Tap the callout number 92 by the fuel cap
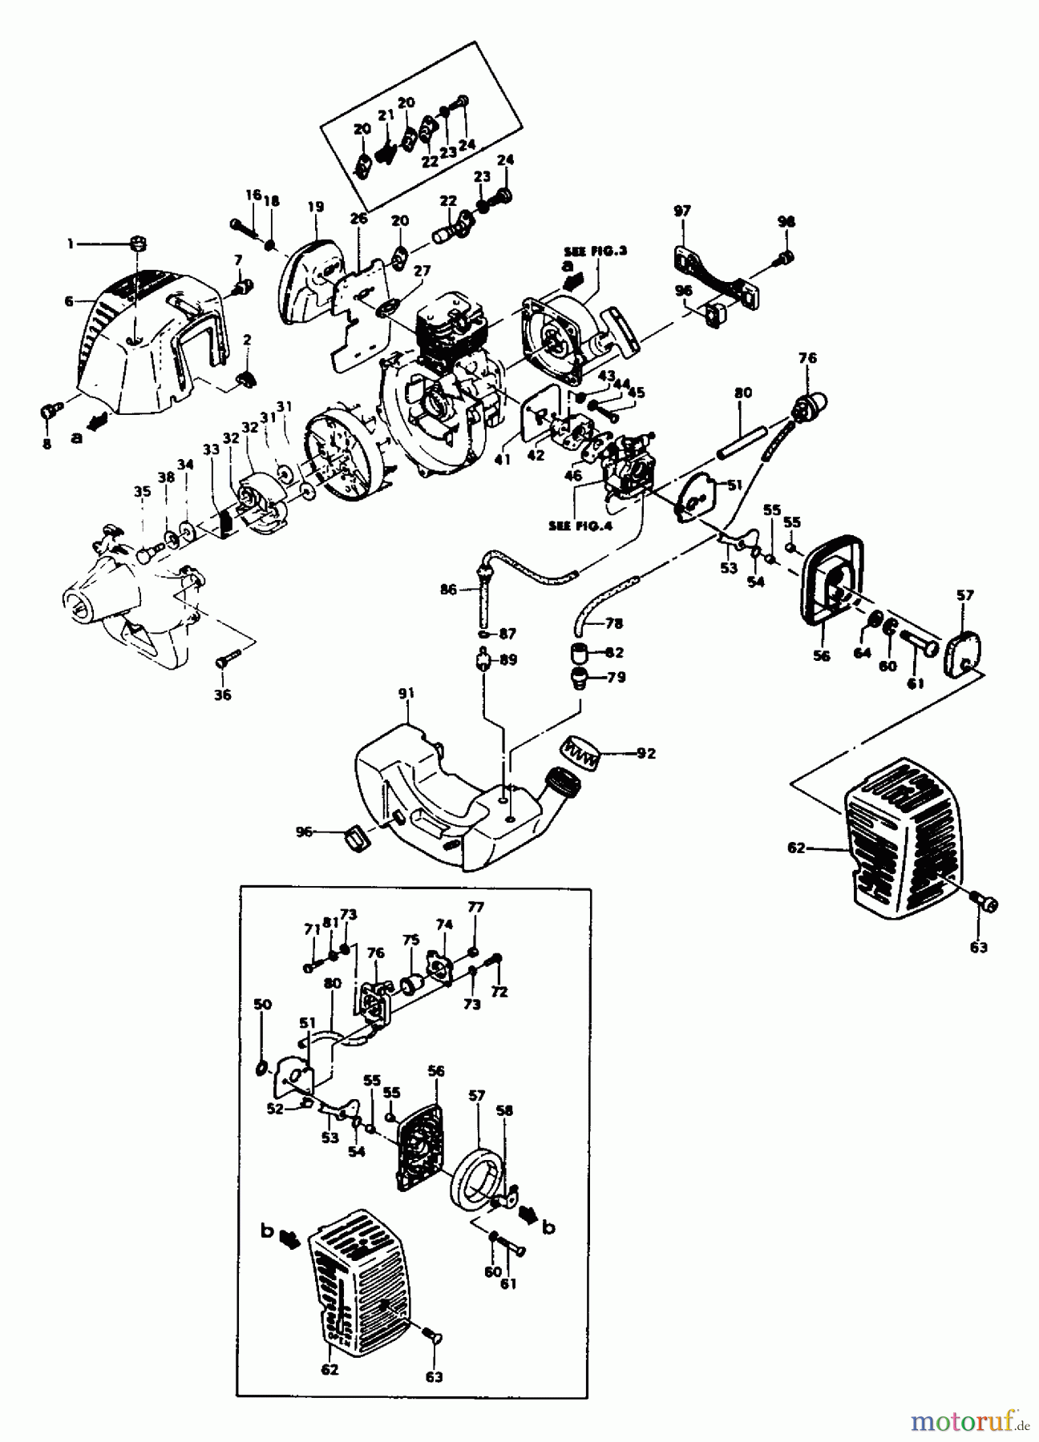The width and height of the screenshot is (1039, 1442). [x=646, y=753]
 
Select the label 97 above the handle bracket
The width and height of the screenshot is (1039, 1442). [x=681, y=211]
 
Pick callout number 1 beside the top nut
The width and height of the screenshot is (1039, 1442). [x=71, y=244]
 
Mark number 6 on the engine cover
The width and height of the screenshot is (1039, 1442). [x=69, y=301]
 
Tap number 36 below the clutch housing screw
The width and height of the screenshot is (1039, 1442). [x=223, y=695]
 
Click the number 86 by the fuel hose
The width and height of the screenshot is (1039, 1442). [x=449, y=590]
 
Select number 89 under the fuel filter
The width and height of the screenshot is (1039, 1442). [x=508, y=660]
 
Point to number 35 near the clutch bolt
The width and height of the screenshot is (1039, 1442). [x=142, y=493]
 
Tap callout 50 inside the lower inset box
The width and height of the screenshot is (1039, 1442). [x=262, y=1004]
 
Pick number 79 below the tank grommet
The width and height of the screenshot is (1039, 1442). [x=617, y=677]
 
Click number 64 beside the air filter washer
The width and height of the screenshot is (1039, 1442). [x=862, y=653]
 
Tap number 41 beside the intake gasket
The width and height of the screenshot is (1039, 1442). [x=502, y=460]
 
